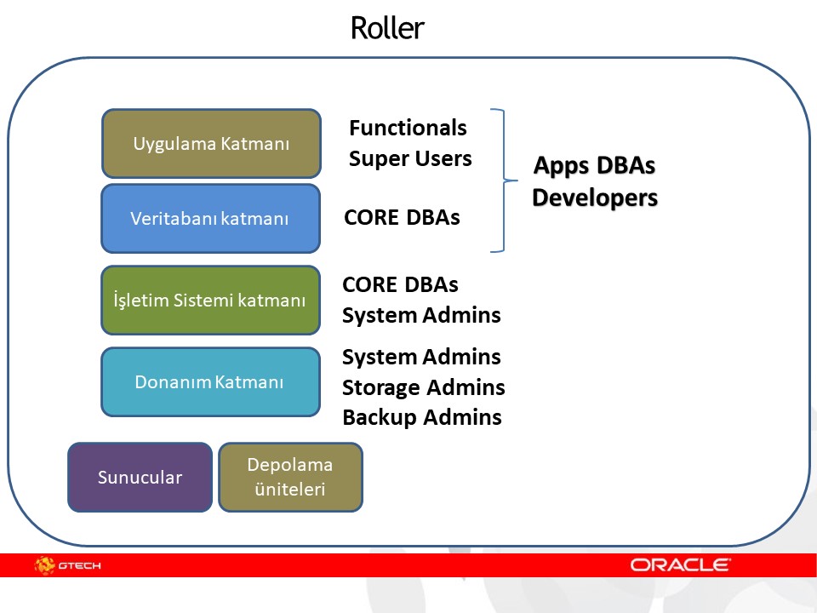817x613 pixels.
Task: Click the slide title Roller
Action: (x=387, y=28)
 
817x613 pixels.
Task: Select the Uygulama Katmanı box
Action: (x=211, y=143)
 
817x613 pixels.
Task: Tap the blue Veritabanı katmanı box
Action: (x=210, y=218)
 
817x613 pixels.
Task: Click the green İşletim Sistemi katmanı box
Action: (x=210, y=300)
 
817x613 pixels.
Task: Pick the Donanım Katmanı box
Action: (x=210, y=381)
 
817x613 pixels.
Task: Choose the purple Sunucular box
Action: (x=140, y=477)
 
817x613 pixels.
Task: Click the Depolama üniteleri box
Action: (x=290, y=477)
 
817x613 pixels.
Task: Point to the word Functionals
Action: (x=408, y=128)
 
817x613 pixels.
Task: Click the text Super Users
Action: (x=410, y=158)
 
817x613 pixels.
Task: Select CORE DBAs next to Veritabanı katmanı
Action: (x=402, y=217)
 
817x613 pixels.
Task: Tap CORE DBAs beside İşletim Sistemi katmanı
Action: (x=400, y=284)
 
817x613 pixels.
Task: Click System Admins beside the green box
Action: (x=421, y=315)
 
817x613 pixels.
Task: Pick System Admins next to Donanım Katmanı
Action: (x=421, y=356)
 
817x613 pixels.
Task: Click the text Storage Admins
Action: (x=423, y=387)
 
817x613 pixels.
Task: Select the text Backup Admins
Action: (x=421, y=417)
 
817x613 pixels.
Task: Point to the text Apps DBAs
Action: (x=594, y=165)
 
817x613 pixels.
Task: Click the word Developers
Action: (x=595, y=198)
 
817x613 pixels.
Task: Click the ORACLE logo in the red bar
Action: (x=680, y=564)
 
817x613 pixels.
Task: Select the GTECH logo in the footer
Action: (x=68, y=564)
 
